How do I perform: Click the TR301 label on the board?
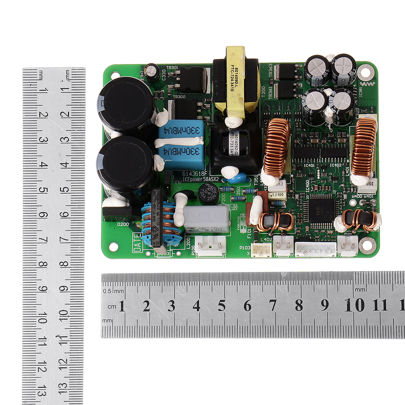[173, 68]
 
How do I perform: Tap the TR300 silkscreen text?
[179, 97]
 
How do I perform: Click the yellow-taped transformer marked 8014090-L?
[235, 81]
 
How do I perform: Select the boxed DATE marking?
[138, 242]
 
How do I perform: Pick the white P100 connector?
[211, 245]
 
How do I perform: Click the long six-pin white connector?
[315, 249]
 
